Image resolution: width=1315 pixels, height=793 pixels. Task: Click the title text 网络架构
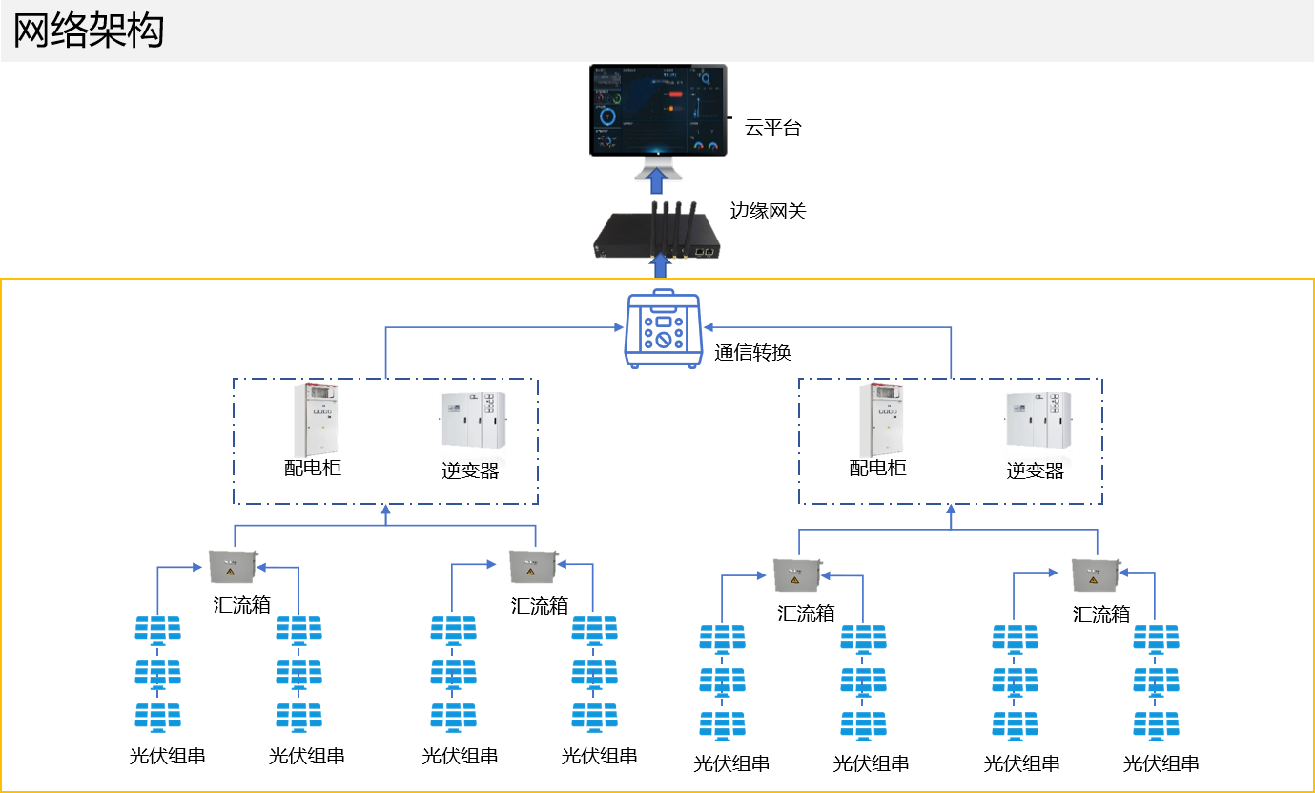pos(89,31)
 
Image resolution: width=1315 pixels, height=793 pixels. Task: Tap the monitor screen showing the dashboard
pos(658,110)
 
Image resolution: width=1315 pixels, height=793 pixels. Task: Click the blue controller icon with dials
pos(664,330)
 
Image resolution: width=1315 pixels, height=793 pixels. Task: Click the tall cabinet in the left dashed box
pos(316,420)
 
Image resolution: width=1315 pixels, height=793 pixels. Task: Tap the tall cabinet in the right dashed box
pos(881,420)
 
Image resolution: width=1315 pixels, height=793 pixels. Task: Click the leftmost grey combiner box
pos(233,567)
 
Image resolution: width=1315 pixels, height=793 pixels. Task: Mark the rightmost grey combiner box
pos(1095,574)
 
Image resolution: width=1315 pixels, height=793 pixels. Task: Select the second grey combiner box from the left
pos(531,566)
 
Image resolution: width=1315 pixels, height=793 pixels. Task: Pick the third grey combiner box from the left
pos(796,574)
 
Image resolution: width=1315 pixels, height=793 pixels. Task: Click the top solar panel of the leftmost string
pos(157,630)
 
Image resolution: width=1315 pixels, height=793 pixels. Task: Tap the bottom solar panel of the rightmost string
pos(1156,724)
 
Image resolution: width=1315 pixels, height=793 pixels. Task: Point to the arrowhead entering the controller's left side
pos(617,327)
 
